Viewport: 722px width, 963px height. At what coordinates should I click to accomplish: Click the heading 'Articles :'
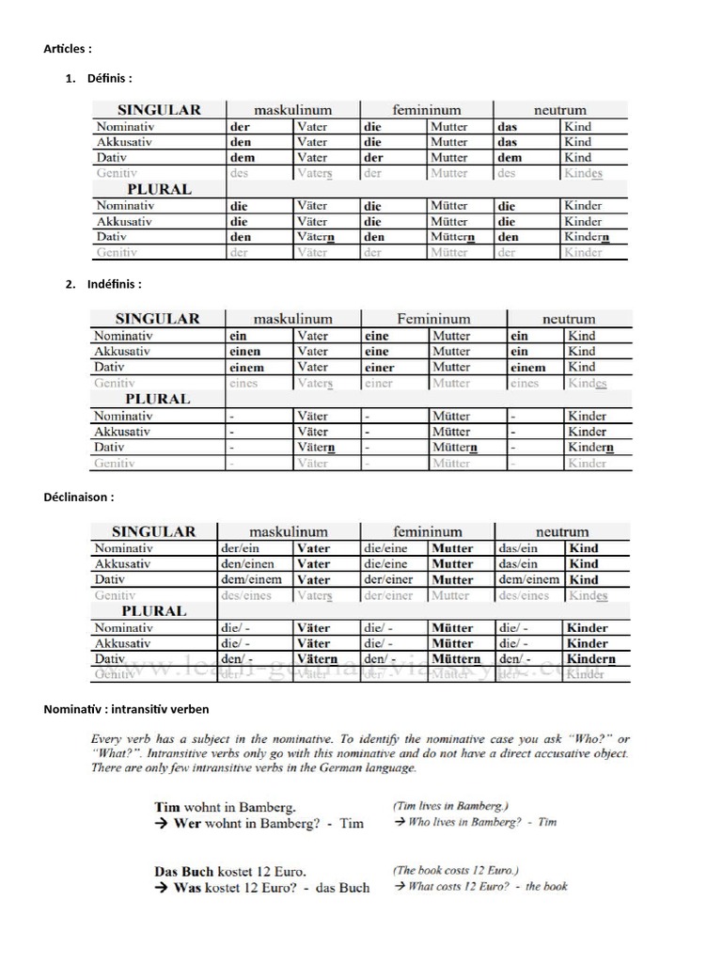[67, 48]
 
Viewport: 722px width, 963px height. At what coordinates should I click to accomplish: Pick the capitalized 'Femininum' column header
[433, 319]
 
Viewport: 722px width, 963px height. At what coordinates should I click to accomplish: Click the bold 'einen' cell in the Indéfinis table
[245, 352]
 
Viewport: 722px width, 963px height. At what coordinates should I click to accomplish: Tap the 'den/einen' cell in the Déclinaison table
[247, 564]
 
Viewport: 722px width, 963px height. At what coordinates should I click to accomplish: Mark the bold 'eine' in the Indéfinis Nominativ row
[376, 336]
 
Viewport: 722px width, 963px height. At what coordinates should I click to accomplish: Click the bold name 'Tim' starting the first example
[166, 807]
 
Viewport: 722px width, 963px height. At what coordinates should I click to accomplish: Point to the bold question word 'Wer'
[189, 823]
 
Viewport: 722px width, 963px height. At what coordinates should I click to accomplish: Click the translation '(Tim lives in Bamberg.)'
[450, 806]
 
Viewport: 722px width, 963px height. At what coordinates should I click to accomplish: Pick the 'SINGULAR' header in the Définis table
[159, 109]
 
